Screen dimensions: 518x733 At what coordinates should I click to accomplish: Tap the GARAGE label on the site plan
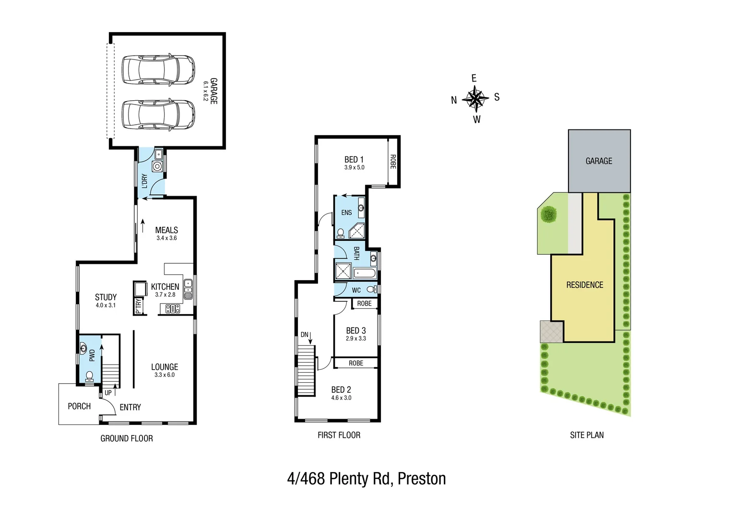click(599, 161)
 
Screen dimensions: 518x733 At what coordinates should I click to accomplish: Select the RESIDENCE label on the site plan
click(584, 285)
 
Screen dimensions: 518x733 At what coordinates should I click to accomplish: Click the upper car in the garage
click(158, 70)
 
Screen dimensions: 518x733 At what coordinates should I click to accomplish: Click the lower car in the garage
click(158, 115)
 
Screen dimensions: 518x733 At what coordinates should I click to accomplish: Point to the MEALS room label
click(166, 230)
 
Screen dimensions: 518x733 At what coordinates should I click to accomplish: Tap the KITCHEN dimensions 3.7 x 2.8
click(165, 295)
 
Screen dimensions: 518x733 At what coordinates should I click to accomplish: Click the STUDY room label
click(106, 297)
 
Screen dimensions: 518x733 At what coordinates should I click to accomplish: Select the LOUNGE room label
click(165, 367)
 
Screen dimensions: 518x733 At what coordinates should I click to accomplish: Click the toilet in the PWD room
click(89, 376)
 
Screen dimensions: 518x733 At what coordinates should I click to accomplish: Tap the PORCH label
click(79, 406)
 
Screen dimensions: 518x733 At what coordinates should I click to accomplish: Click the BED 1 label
click(354, 160)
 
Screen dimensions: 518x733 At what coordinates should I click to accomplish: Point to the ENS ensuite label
click(346, 212)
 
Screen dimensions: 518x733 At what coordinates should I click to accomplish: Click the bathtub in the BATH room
click(365, 273)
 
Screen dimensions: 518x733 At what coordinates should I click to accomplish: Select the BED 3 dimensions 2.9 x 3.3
click(356, 339)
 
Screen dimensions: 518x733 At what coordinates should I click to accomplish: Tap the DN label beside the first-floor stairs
click(304, 335)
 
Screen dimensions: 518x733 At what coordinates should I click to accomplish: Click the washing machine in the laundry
click(157, 166)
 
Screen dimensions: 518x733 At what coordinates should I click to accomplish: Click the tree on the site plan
click(548, 214)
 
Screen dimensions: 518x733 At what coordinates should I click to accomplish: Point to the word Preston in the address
click(422, 479)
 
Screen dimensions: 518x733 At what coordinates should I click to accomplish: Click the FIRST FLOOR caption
click(339, 435)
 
